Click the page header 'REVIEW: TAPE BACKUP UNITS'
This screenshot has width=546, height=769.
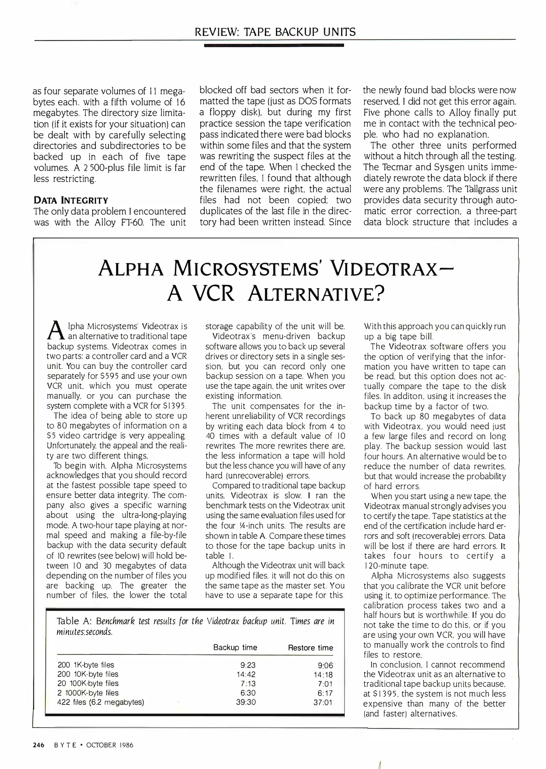click(x=275, y=32)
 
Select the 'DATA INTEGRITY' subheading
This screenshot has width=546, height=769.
click(x=71, y=200)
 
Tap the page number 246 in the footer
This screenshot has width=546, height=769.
click(x=38, y=745)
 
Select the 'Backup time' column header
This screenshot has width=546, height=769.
click(x=235, y=647)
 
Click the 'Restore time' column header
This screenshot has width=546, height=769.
click(x=310, y=648)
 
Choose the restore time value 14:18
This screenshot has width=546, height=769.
click(x=323, y=674)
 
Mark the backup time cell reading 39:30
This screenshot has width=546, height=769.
click(x=246, y=702)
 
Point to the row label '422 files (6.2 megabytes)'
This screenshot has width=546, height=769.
click(x=101, y=702)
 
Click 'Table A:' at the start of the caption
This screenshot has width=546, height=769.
click(x=74, y=621)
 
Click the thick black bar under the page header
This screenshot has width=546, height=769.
click(x=274, y=45)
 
